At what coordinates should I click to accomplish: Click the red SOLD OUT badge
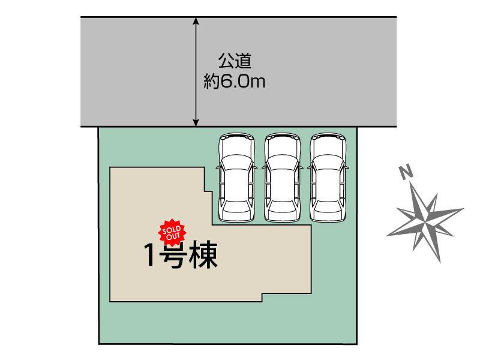coord(173,231)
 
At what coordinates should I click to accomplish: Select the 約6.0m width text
coord(234,82)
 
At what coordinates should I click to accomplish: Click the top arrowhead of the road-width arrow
coord(196,21)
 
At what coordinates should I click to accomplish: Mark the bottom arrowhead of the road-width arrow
coord(196,123)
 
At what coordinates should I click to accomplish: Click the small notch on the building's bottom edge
coord(262,296)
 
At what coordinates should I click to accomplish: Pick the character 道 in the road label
coord(243,61)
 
